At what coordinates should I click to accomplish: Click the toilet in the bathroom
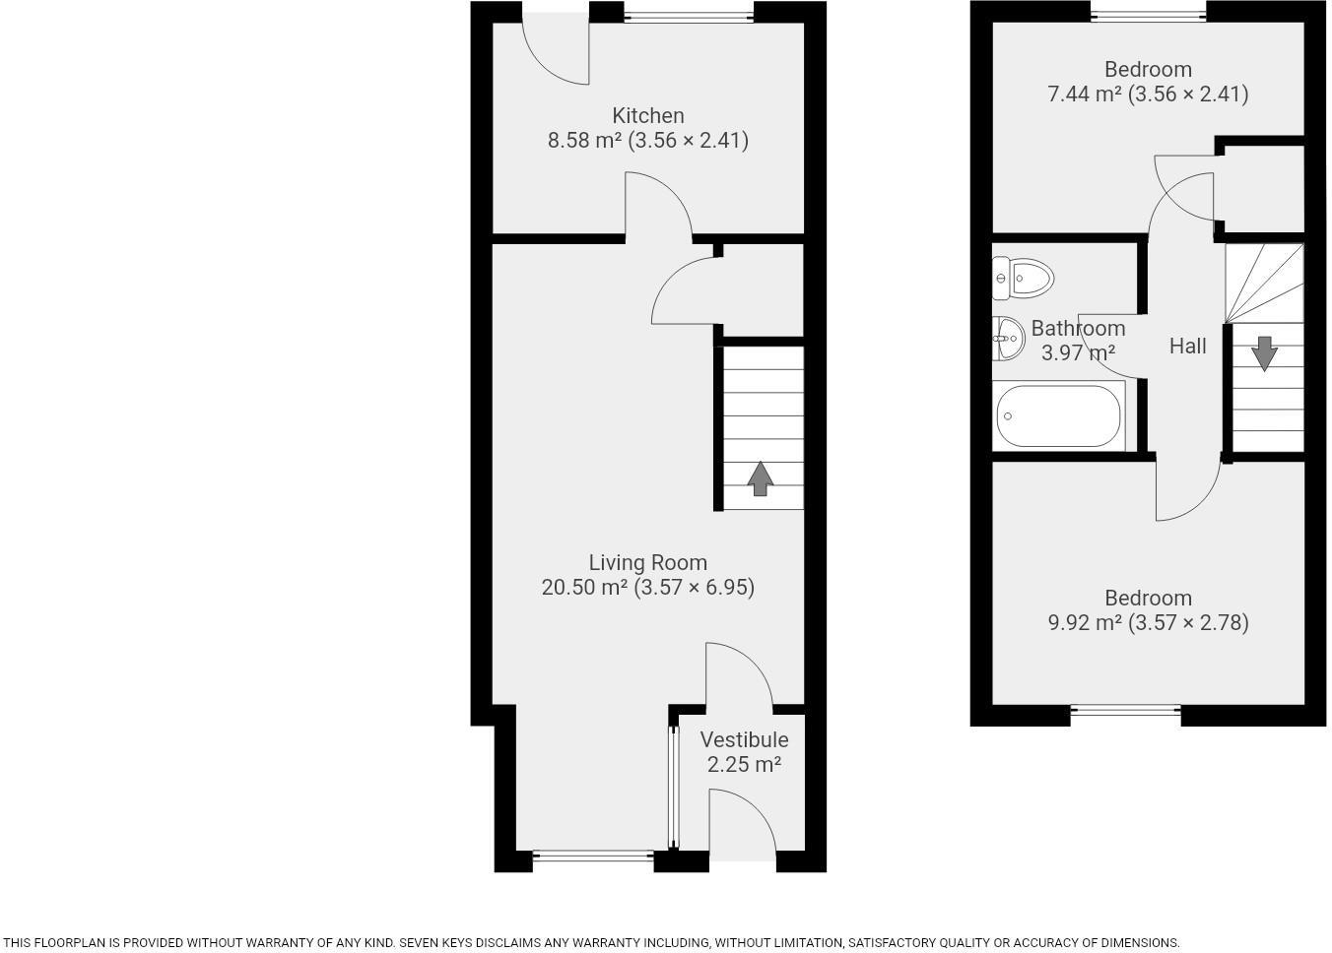pyautogui.click(x=1024, y=279)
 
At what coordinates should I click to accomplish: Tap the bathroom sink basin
pyautogui.click(x=1008, y=339)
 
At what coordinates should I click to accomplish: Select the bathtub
pyautogui.click(x=1059, y=416)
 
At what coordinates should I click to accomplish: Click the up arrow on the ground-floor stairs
pyautogui.click(x=760, y=477)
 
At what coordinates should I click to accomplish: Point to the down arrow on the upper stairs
pyautogui.click(x=1264, y=353)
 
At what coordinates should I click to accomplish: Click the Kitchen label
pyautogui.click(x=647, y=115)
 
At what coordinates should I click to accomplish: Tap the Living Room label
pyautogui.click(x=647, y=562)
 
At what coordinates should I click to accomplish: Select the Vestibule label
pyautogui.click(x=744, y=739)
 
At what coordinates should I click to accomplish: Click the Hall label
pyautogui.click(x=1187, y=346)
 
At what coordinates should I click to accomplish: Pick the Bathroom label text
pyautogui.click(x=1078, y=328)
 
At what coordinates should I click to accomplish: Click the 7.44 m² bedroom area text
pyautogui.click(x=1147, y=94)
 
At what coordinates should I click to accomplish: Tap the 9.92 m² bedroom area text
pyautogui.click(x=1148, y=622)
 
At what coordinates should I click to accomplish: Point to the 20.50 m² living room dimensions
pyautogui.click(x=647, y=588)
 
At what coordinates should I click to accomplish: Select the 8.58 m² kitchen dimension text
pyautogui.click(x=647, y=140)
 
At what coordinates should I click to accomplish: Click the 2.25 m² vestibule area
pyautogui.click(x=744, y=764)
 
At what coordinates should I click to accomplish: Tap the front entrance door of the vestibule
pyautogui.click(x=742, y=827)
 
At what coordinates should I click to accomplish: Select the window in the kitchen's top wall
pyautogui.click(x=689, y=16)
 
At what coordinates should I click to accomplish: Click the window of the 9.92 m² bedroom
pyautogui.click(x=1125, y=710)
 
